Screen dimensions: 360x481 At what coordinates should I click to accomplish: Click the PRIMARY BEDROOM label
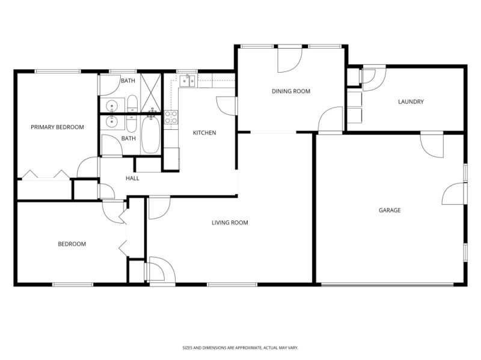click(x=57, y=127)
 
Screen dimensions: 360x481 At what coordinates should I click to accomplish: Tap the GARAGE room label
click(x=389, y=210)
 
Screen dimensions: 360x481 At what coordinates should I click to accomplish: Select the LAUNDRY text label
click(x=411, y=102)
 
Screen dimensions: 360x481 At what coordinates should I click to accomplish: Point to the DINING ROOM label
click(x=290, y=91)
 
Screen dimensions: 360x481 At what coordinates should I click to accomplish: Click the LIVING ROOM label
click(x=230, y=222)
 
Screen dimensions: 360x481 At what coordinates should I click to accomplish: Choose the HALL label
click(x=132, y=178)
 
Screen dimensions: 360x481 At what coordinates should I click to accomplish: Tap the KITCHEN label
click(x=204, y=133)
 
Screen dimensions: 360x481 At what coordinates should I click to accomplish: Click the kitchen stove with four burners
click(x=171, y=117)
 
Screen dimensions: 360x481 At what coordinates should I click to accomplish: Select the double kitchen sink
click(x=188, y=81)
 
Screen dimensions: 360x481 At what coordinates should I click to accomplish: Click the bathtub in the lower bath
click(x=150, y=135)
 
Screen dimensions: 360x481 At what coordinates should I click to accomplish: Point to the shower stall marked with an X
click(x=150, y=93)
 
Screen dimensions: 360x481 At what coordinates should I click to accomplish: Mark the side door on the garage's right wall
click(x=454, y=194)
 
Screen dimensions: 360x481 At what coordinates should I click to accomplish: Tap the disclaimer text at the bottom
click(x=240, y=347)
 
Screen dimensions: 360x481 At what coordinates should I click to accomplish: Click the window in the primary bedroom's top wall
click(x=58, y=72)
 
